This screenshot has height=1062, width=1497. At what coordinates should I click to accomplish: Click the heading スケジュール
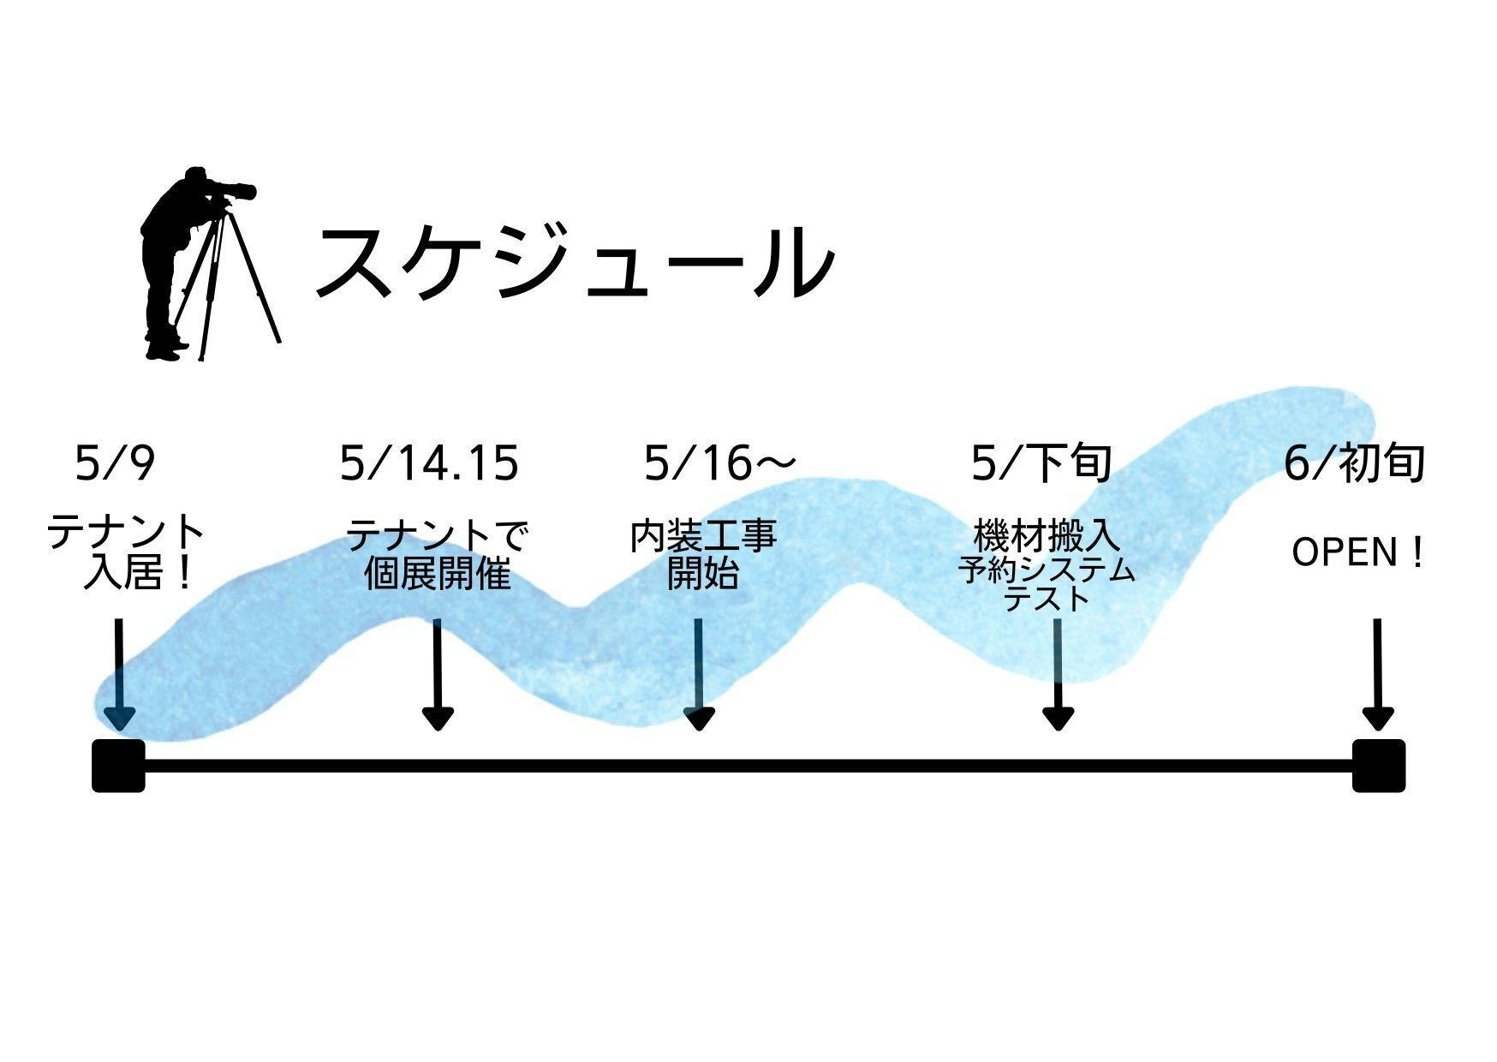coord(574,262)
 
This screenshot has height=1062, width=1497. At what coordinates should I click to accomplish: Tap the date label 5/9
coord(116,463)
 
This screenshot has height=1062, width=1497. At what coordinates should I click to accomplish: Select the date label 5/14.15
coord(429,463)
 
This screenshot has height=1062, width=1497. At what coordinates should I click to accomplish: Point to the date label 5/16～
coord(719,463)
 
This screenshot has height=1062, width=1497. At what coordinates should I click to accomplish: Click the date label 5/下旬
coord(1041,463)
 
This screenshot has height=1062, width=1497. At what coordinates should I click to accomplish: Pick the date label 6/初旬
coord(1354,463)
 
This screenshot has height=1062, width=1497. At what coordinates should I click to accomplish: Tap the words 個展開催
coord(438,574)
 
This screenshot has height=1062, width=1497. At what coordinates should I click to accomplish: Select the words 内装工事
coord(703,537)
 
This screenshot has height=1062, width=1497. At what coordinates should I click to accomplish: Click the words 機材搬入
coord(1047,537)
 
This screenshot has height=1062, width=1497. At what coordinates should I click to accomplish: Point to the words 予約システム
coord(1047,570)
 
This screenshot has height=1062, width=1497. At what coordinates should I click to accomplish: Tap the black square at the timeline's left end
coord(118,766)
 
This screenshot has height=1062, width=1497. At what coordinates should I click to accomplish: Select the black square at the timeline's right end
coord(1379,766)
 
